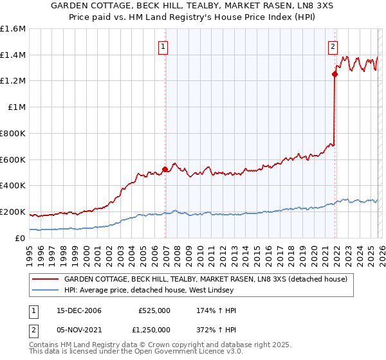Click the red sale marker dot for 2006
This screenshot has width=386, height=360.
[165, 169]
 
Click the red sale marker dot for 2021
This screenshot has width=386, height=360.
[335, 74]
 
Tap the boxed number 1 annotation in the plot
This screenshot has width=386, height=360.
[163, 46]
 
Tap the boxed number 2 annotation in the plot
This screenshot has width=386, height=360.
[333, 46]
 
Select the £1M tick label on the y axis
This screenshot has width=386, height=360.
[17, 107]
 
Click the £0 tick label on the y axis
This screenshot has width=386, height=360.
[21, 238]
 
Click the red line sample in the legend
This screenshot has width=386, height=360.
[46, 280]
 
